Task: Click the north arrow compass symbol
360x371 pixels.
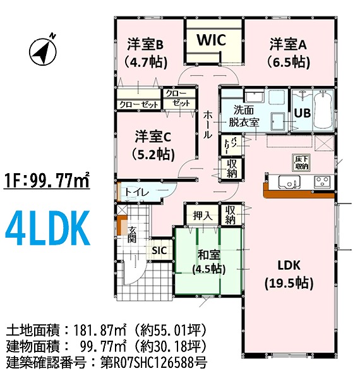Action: click(x=43, y=51)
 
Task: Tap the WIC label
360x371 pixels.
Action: click(x=212, y=40)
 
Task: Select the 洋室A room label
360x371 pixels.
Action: click(x=288, y=44)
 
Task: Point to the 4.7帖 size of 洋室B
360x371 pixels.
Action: click(x=146, y=63)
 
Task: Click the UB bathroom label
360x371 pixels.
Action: click(x=303, y=113)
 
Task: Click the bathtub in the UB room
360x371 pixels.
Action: click(x=323, y=111)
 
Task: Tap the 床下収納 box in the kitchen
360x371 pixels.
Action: click(x=301, y=162)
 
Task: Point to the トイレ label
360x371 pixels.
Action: click(x=136, y=192)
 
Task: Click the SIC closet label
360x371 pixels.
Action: click(x=159, y=250)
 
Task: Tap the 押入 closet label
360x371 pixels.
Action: click(x=202, y=216)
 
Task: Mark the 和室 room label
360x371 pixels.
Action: click(x=208, y=255)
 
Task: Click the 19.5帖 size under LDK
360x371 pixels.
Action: click(x=289, y=283)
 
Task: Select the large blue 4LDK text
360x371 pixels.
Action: click(x=47, y=228)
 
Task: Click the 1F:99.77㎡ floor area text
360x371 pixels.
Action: click(x=46, y=181)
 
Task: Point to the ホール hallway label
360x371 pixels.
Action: click(x=208, y=125)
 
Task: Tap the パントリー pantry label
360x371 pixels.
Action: click(x=229, y=145)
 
